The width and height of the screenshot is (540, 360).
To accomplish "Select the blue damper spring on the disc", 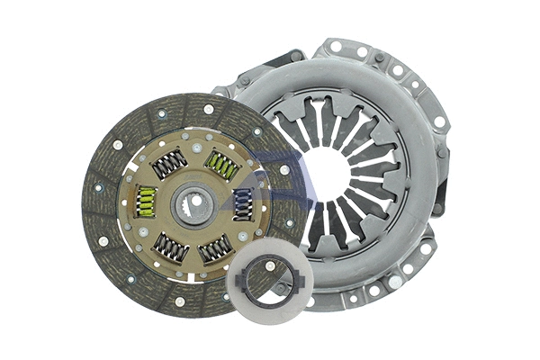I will pos(243,203).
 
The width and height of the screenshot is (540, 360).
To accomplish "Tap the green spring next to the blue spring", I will pos(220,165).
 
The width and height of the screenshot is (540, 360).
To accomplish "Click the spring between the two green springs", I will pos(169,163).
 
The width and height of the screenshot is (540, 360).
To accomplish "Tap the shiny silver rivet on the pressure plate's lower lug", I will pos(392,282).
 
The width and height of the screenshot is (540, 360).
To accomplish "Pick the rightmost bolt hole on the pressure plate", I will pos(439,121).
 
